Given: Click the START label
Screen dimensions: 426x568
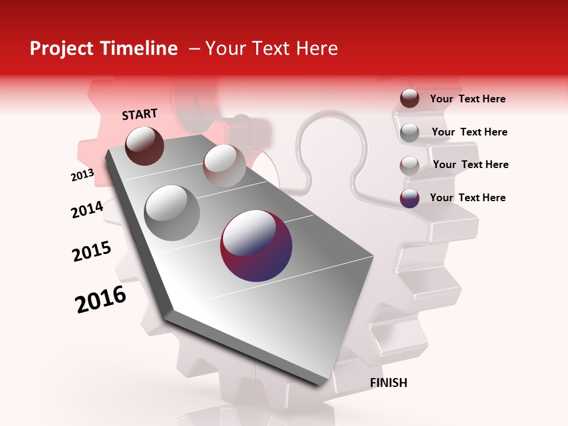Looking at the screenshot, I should (x=140, y=114).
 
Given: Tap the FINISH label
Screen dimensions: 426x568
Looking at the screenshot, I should (x=389, y=383).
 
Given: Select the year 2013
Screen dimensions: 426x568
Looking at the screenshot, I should (x=82, y=175).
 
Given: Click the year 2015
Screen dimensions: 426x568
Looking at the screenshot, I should (x=92, y=251).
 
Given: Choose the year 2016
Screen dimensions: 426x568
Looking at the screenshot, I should (x=101, y=299).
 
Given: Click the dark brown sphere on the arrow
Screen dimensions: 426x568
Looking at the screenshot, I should (x=144, y=146).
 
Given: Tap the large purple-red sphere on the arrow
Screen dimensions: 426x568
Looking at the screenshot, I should (x=256, y=245).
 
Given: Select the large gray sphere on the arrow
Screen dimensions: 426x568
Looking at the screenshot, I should (x=172, y=212).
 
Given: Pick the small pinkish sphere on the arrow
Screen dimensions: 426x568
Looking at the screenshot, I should (x=224, y=166).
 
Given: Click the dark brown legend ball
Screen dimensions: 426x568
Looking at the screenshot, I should (x=409, y=99).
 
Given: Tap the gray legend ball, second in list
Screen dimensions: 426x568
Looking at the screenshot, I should (x=409, y=133).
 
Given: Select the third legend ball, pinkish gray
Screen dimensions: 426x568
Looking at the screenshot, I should (x=409, y=165).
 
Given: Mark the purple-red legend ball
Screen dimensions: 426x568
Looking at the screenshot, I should (x=409, y=198).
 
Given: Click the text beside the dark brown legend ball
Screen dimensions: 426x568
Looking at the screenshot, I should (x=467, y=99).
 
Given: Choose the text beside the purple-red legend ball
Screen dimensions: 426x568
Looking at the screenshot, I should (x=467, y=198).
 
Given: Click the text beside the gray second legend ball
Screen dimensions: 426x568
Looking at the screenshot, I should (x=469, y=132).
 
